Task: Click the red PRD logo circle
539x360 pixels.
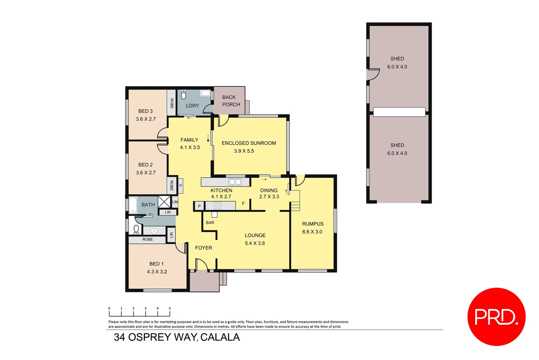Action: coord(496,316)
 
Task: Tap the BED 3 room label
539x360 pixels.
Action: coord(146,111)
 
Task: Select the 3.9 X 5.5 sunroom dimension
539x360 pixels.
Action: coord(244,151)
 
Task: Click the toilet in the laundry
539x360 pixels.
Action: coord(184,94)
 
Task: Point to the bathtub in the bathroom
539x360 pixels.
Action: coord(133,205)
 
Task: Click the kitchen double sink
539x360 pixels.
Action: coord(235,182)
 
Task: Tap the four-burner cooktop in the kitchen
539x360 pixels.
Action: coord(218,206)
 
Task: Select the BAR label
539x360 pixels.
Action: coord(210,222)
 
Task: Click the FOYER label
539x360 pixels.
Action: coord(204,248)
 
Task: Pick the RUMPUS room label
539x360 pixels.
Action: coord(312,224)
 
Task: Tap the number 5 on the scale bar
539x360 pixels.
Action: coord(170,308)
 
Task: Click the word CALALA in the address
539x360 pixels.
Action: coord(220,337)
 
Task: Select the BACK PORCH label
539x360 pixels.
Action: coord(231,101)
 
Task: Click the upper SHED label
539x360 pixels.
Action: coord(397,59)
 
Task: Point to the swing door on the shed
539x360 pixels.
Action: coord(373,74)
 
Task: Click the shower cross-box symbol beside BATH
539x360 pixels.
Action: coord(164,202)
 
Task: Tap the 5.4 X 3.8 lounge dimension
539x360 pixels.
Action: coord(255,243)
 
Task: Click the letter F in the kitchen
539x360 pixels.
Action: coord(243,203)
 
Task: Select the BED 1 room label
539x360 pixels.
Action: coord(156,264)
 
